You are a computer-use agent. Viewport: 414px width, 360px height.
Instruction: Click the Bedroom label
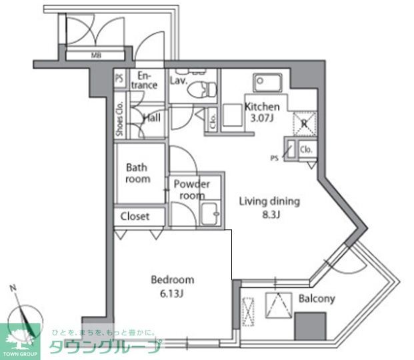[x=172, y=280]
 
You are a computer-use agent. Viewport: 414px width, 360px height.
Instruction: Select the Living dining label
[x=270, y=201]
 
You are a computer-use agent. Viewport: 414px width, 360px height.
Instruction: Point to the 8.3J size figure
[x=270, y=215]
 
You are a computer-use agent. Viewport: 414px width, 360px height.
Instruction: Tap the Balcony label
[x=317, y=299]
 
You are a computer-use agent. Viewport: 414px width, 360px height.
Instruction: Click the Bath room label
[x=138, y=173]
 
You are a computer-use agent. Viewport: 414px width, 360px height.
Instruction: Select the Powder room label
[x=192, y=190]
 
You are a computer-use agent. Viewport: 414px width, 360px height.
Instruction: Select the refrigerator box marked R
[x=303, y=123]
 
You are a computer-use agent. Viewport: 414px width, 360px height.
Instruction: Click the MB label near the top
[x=97, y=55]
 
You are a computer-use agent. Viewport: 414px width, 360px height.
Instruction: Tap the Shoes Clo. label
[x=119, y=119]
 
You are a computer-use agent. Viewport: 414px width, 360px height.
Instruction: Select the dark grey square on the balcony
[x=311, y=327]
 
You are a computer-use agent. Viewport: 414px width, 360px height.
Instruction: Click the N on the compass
[x=13, y=288]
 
